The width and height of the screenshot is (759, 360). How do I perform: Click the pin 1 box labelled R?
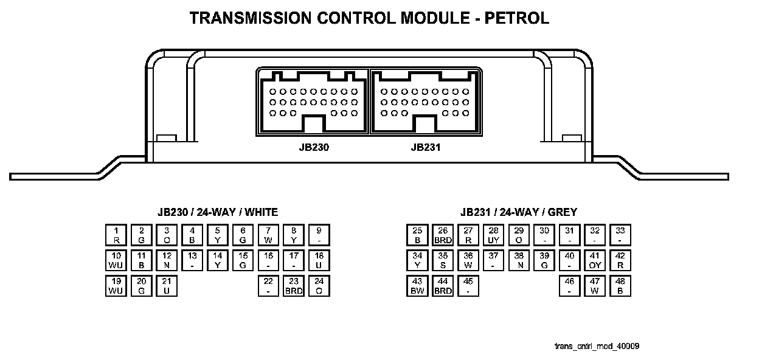click(116, 235)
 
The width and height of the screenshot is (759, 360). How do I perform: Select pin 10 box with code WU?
click(116, 260)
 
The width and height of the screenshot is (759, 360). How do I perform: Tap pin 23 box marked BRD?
click(294, 286)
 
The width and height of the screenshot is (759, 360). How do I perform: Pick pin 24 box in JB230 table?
click(319, 286)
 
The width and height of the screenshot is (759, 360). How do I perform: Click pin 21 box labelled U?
click(167, 286)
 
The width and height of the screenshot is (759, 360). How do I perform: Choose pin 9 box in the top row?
click(319, 235)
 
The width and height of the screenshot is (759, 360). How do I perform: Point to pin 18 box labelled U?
click(319, 260)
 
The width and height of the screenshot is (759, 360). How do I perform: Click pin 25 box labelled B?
click(417, 235)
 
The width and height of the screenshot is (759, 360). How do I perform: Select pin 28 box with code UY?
click(494, 235)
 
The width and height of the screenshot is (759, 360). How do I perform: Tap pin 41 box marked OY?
click(595, 260)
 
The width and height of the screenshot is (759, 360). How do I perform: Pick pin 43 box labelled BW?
click(417, 286)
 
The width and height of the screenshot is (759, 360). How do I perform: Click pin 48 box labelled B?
click(620, 286)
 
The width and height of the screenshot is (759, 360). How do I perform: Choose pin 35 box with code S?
click(443, 260)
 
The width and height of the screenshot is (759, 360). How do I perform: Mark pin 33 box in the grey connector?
click(620, 235)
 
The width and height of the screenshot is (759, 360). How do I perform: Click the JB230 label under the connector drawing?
click(314, 147)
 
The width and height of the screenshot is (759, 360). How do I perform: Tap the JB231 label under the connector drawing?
click(425, 147)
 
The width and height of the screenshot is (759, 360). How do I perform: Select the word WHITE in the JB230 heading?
click(258, 212)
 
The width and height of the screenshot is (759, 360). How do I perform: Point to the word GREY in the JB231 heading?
click(563, 212)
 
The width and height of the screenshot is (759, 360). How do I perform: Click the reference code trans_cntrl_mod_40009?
click(597, 346)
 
